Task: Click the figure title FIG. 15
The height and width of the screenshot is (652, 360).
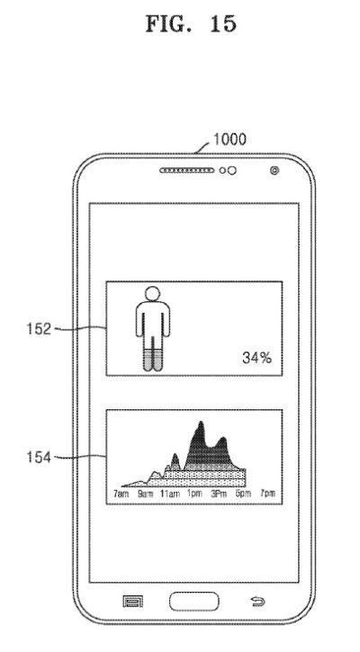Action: coord(191,23)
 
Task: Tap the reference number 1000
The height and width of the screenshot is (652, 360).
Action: coord(229,139)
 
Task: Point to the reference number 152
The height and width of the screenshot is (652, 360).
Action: coord(39,329)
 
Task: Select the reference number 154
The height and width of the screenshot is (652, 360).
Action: coord(39,458)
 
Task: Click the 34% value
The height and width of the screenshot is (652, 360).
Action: coord(256,358)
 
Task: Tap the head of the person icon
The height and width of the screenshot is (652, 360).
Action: coord(153,293)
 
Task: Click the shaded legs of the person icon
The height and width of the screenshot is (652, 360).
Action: coord(153,360)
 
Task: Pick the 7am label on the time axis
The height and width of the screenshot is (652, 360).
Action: coord(121,494)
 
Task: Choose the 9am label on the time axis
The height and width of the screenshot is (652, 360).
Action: coord(145,494)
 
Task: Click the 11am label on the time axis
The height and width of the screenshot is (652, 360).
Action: coord(170,494)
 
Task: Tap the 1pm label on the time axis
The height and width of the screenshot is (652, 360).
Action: coord(193,494)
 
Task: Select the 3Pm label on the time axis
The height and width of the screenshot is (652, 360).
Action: coord(219,494)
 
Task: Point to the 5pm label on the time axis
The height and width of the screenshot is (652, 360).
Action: coord(244,494)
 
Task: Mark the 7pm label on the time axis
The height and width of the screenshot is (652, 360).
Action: coord(268,494)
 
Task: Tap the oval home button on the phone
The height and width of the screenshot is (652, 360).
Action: coord(193,602)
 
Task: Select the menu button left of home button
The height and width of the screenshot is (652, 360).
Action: coord(133,602)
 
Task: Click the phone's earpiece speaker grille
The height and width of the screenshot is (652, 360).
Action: coord(187,171)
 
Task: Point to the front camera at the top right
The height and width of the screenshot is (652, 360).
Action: coord(274,170)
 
